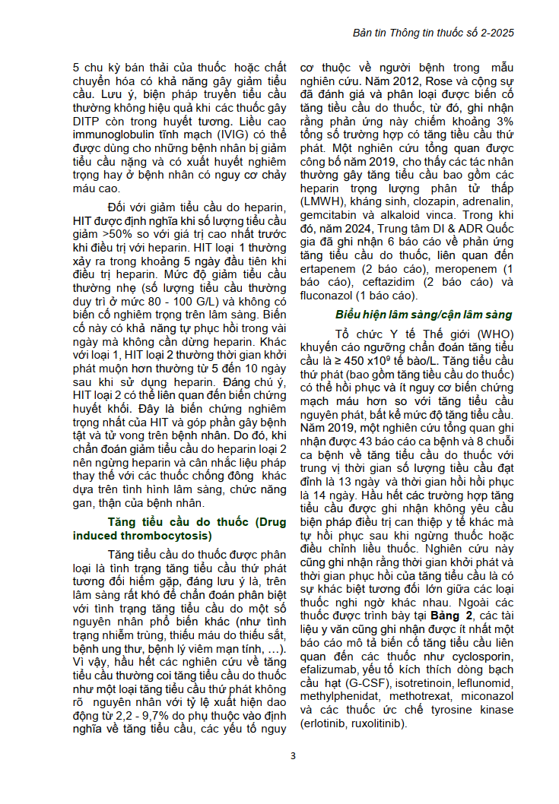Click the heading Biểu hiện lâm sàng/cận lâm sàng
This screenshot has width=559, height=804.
click(424, 315)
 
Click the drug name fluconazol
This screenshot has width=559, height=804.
click(330, 296)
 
